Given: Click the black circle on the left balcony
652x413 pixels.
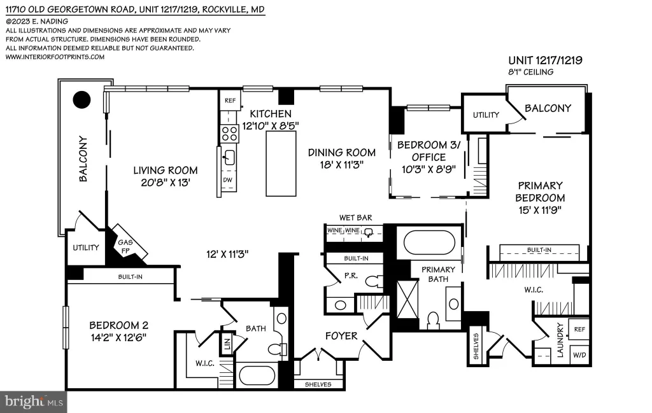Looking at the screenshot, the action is click(82, 100).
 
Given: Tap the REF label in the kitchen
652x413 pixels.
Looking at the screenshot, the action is click(230, 101).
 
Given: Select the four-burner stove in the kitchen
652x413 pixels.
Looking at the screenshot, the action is click(229, 134).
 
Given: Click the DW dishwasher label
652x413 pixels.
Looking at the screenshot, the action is click(227, 180).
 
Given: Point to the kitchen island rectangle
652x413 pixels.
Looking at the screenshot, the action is click(281, 164).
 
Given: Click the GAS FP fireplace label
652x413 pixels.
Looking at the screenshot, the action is click(125, 246).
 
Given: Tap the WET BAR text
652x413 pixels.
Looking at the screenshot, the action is click(355, 217).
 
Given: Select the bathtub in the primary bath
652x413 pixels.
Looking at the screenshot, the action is click(429, 242).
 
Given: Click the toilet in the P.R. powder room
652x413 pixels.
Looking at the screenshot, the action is click(374, 281).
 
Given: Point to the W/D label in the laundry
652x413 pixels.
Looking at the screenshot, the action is click(579, 355).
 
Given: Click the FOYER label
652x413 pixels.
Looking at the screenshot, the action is click(341, 336).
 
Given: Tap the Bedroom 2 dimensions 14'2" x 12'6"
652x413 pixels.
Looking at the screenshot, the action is click(118, 337).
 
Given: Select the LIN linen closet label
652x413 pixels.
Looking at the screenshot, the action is click(227, 344).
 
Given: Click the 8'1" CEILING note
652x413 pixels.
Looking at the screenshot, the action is click(531, 72).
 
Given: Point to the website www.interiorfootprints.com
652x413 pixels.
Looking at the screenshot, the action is click(55, 57).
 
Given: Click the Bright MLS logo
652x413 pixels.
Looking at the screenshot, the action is click(34, 402).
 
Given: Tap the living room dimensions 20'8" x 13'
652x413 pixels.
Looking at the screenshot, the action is click(166, 183).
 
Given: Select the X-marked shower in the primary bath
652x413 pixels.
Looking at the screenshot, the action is click(407, 300).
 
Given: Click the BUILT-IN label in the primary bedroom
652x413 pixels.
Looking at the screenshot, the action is click(539, 249).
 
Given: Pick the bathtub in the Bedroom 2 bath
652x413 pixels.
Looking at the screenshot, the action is click(257, 375).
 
